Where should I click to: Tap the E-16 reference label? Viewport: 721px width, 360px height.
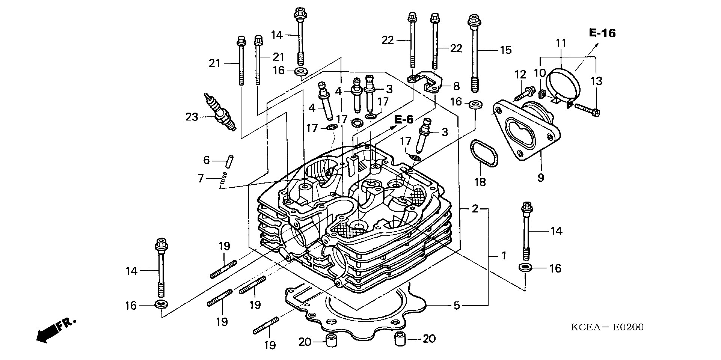click(602, 33)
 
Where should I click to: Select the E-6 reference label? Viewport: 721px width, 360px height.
click(404, 120)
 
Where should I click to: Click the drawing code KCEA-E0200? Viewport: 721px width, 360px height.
click(607, 327)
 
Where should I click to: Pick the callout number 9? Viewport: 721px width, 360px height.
click(540, 178)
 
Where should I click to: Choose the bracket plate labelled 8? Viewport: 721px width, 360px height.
click(426, 82)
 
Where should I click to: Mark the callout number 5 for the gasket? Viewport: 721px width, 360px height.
click(457, 306)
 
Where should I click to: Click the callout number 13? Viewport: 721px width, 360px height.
click(596, 81)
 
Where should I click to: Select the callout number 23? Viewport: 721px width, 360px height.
click(192, 117)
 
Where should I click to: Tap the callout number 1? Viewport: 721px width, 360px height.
click(504, 256)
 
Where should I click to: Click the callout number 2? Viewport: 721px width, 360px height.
click(475, 209)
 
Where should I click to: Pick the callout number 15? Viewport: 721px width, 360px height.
click(506, 50)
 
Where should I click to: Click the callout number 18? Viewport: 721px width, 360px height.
click(480, 182)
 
